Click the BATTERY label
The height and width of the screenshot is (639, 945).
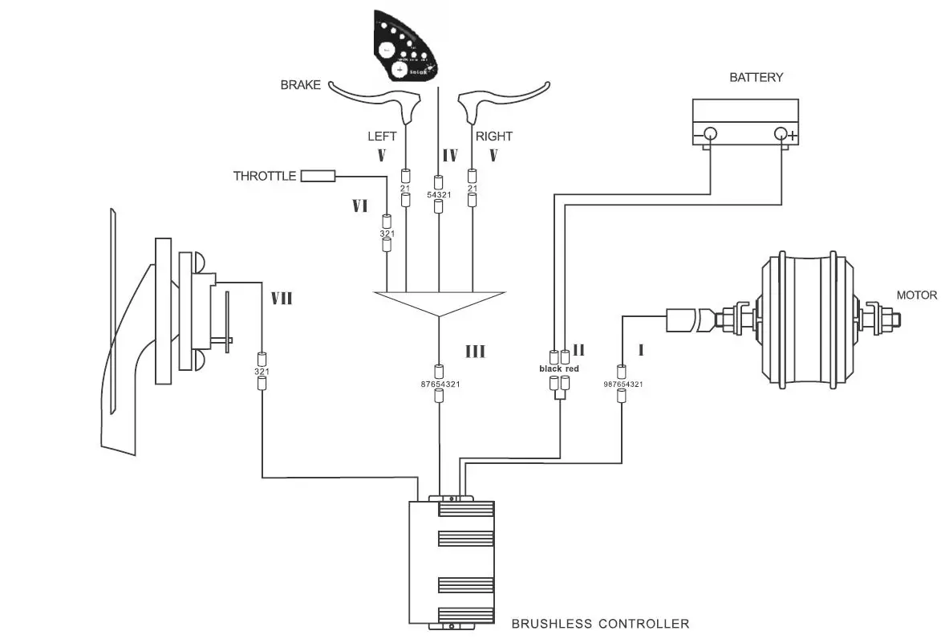[x=756, y=78]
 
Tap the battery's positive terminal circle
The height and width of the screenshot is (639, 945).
[x=781, y=134]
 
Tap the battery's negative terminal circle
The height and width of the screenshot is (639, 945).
[x=710, y=134]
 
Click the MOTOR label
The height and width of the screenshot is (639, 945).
[x=916, y=295]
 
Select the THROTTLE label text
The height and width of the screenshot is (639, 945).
[x=265, y=176]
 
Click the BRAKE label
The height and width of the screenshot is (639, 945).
[x=301, y=85]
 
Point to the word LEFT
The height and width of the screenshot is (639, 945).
[x=382, y=136]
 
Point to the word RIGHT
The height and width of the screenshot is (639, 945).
[x=494, y=136]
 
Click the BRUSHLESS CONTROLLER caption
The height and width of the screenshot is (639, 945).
[x=600, y=623]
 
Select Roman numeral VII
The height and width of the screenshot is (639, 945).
[x=281, y=299]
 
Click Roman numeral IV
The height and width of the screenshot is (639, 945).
[x=449, y=153]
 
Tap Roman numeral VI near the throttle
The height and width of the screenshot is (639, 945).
[x=359, y=206]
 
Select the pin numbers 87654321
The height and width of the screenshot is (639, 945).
[x=439, y=385]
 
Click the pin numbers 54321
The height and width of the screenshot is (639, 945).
[x=439, y=195]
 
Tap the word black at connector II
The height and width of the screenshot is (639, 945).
[x=550, y=368]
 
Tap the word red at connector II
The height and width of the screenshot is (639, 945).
[x=571, y=368]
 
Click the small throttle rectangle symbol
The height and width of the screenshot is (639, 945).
[x=318, y=176]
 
